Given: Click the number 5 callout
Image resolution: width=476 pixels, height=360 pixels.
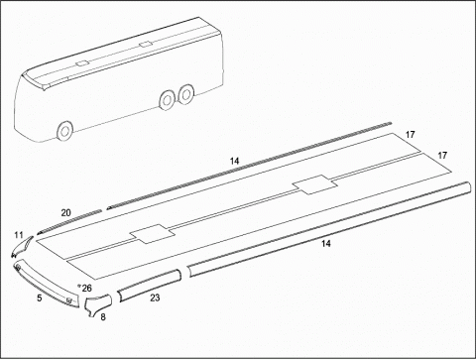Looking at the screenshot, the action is pos(40,298).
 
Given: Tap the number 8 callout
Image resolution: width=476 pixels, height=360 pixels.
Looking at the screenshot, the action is pos(103,317).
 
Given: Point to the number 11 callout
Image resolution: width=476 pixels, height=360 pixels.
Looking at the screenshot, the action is pos(19,235).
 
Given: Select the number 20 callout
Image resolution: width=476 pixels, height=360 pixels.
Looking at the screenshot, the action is pos(65,213).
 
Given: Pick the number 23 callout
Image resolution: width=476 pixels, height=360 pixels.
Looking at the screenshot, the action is pos(155,298).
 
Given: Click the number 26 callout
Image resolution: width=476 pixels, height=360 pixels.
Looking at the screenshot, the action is pos(86,289).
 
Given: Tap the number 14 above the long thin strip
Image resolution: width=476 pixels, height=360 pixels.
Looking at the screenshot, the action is pos(234,162).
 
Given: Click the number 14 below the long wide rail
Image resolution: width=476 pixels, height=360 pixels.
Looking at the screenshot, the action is pos(326,244).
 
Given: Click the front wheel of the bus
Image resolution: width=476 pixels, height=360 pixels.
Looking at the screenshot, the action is pos(64,130).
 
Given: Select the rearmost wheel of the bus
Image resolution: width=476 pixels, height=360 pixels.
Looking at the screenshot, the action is pos(186,93).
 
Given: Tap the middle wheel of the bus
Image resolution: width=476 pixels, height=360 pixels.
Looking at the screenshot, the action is pos(167,100).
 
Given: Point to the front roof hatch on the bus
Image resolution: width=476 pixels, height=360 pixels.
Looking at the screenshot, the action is pos(81,63).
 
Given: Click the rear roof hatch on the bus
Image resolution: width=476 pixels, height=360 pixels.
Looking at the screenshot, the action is pos(146,45).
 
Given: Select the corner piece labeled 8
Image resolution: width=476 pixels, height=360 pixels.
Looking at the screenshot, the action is pos(97,305).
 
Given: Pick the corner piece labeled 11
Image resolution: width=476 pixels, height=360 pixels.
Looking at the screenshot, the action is pos(21,247).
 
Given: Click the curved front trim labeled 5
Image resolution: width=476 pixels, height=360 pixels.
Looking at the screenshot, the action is pos(47,286).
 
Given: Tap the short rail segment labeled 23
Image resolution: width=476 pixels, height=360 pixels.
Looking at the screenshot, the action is pos(150,286).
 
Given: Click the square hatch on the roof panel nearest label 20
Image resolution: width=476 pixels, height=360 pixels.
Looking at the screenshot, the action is pos(152,234).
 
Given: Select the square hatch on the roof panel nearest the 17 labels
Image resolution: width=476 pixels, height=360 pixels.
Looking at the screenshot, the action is pos(315,184).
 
